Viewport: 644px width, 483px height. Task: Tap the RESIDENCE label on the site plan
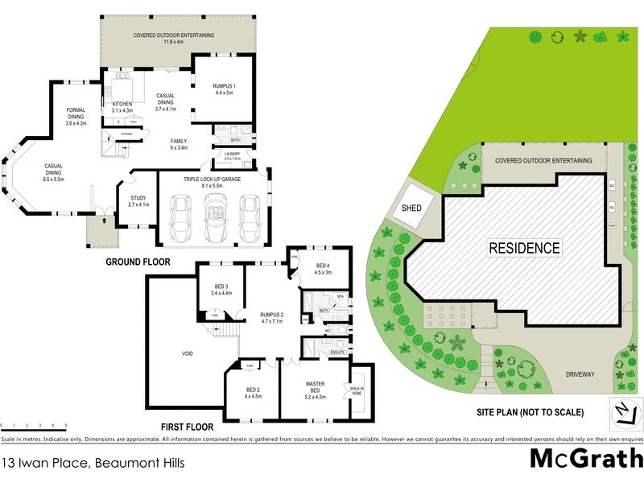click(525, 248)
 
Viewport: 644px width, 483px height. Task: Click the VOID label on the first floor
click(186, 353)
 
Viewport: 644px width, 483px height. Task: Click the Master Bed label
click(315, 390)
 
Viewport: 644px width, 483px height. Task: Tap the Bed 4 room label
click(323, 269)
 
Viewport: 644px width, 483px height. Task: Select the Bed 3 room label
click(222, 290)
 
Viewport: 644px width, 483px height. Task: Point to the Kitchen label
click(111, 106)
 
